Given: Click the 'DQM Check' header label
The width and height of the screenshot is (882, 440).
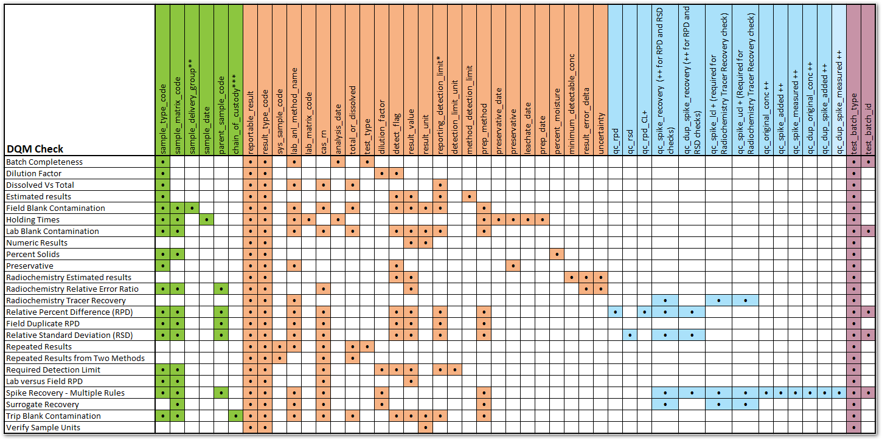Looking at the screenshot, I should point(35,149).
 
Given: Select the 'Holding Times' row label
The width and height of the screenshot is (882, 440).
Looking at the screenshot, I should point(33,219).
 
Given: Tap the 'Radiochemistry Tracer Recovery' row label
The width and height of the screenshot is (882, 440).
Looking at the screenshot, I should point(66,300).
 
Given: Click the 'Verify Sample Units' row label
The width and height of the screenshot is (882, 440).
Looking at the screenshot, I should point(43,427).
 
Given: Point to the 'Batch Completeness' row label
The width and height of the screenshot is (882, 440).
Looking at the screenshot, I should point(44,162).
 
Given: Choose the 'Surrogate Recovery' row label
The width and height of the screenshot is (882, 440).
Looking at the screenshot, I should point(43,404).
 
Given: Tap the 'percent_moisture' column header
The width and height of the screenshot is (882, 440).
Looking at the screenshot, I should point(557,115).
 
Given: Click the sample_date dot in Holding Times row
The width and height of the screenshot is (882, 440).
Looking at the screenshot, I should point(207,219).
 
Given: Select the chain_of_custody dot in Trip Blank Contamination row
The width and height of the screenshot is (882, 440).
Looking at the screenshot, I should point(236,416).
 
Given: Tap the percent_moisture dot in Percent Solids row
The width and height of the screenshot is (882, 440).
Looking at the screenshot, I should point(557,254).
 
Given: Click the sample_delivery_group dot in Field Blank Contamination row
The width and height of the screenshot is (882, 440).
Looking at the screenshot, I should point(192,208).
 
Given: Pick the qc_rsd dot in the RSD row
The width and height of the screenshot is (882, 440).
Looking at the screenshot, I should point(630,335).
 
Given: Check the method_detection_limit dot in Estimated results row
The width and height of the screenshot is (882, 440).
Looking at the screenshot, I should point(469,196).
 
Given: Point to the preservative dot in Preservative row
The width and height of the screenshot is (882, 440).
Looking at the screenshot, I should point(513,266).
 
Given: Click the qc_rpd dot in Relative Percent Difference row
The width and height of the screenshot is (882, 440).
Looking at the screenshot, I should point(616,312).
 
